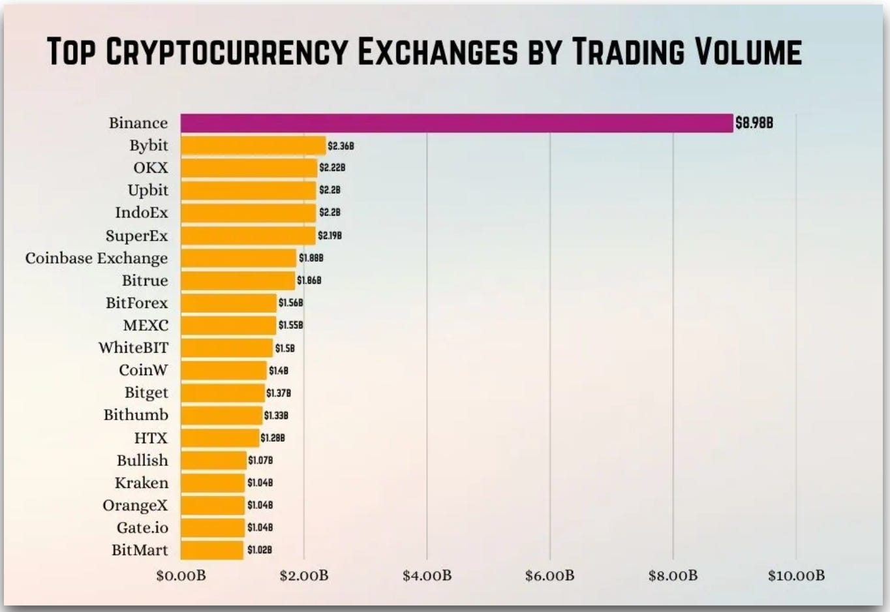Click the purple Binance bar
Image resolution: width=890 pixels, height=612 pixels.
pos(457,123)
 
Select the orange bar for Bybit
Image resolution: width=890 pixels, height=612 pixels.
pos(253,145)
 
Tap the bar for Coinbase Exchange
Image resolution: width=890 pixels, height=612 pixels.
pos(238,258)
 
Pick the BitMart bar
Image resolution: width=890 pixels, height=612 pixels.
pos(212,550)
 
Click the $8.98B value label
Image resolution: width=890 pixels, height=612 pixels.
pos(754,123)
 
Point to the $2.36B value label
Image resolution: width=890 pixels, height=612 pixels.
pos(341,146)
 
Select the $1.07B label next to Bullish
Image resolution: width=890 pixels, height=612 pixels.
pos(260,461)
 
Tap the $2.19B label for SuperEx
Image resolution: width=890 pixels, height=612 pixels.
pos(330,236)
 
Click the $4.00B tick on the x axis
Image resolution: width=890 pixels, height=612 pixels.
pos(427,575)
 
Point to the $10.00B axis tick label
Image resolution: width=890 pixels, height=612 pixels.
pos(796,575)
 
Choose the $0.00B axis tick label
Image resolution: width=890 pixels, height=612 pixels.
pos(181,575)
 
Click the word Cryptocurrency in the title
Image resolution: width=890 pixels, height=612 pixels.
pos(226,52)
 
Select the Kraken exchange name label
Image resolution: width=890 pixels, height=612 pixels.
pos(142,483)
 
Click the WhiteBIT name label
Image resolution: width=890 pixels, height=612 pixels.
pos(133,348)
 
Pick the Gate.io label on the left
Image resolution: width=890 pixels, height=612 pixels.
pos(142,527)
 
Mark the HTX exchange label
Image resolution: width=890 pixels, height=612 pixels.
pos(151,438)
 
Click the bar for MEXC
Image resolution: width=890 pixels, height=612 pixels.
pos(228,325)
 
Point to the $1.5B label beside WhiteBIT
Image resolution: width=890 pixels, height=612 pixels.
pos(284,348)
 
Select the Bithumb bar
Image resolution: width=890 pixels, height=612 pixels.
pos(221,415)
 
